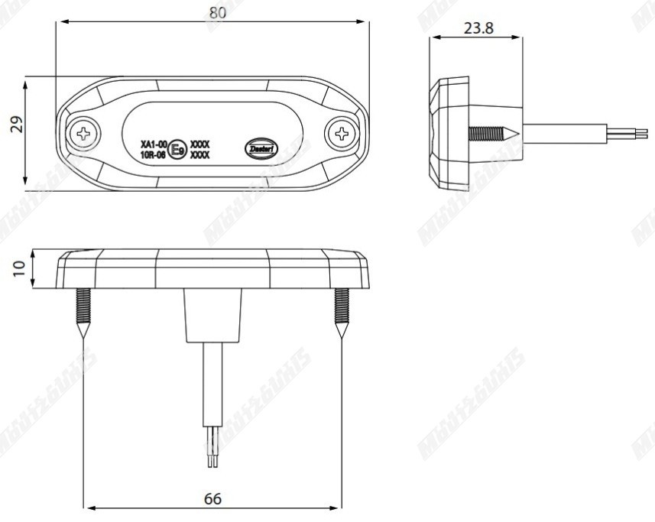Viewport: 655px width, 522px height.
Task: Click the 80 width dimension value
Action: click(x=217, y=11)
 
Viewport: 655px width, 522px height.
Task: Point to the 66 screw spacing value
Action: click(x=212, y=499)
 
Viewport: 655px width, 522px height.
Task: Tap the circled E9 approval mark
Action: click(x=177, y=148)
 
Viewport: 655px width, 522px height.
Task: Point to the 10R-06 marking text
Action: click(x=154, y=154)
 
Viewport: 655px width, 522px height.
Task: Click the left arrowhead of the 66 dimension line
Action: click(x=89, y=507)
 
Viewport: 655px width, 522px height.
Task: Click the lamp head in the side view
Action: click(x=449, y=133)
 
